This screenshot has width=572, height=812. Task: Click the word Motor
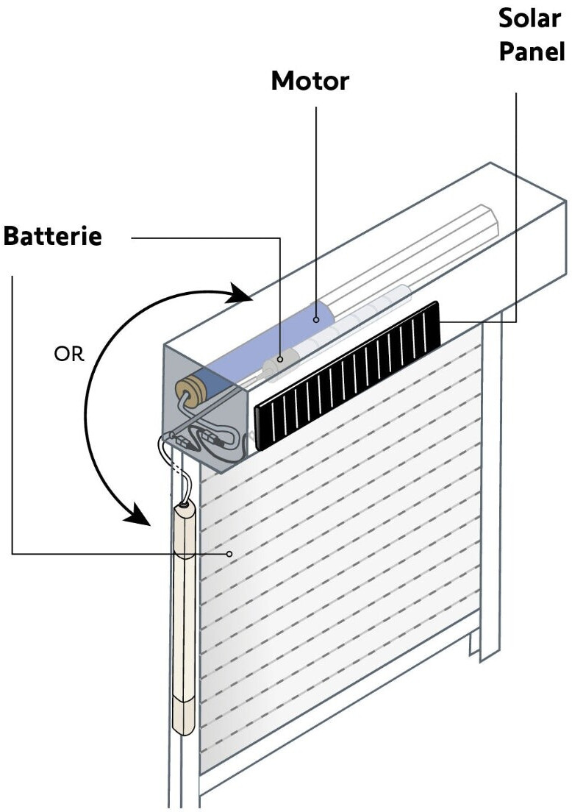[310, 81]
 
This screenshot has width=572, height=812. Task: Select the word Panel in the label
[530, 51]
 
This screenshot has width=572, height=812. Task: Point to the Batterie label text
[53, 237]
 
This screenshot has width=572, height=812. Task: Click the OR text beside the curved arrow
[69, 354]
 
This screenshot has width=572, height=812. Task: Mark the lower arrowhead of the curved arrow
[140, 515]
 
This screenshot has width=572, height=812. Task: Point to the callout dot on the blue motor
[316, 319]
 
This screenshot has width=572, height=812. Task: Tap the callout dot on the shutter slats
[229, 553]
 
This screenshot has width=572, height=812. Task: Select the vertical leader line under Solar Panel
[515, 206]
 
